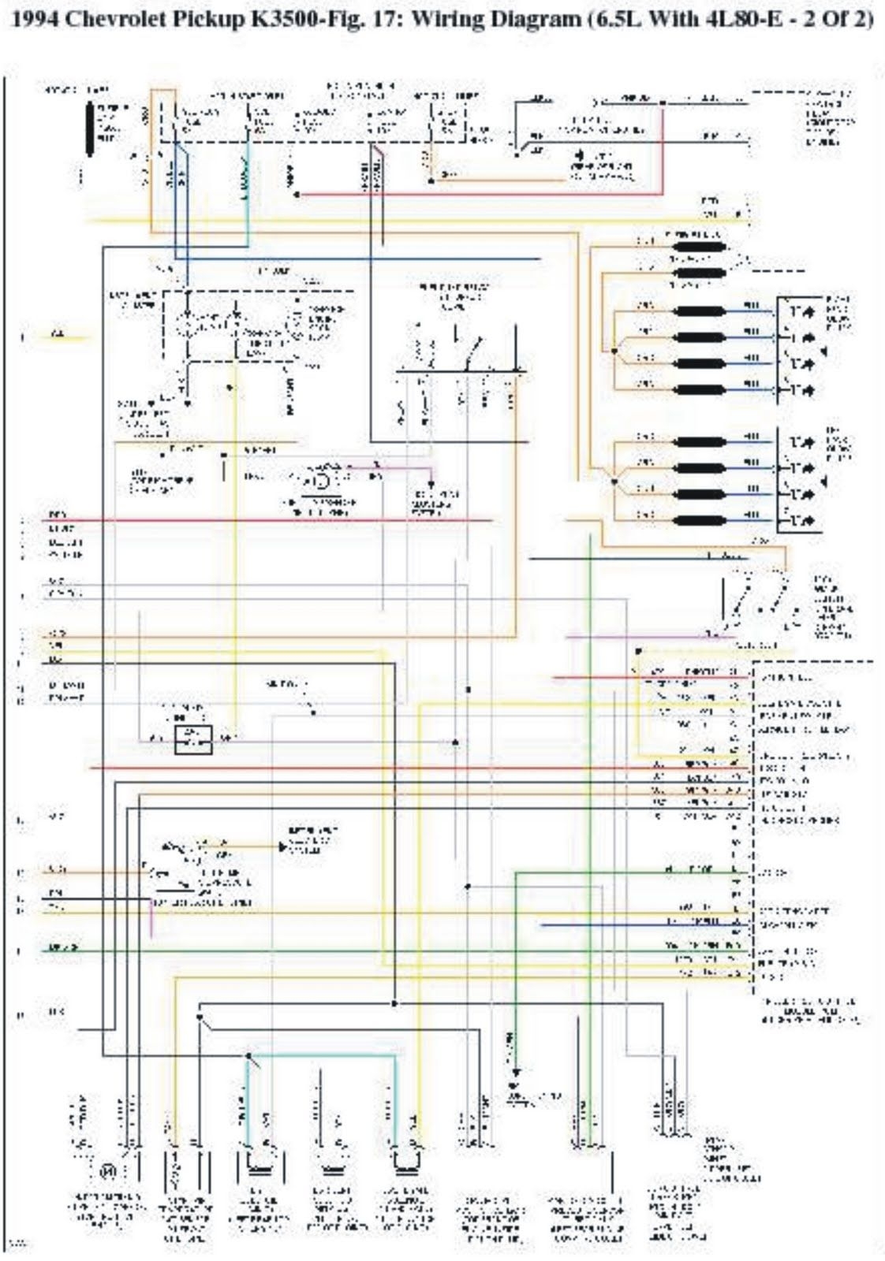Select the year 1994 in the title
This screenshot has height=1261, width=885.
(x=35, y=20)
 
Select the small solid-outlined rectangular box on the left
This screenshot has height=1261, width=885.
(x=193, y=739)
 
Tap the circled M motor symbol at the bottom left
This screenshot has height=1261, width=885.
(x=107, y=1172)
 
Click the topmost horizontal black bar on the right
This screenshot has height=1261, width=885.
(x=697, y=247)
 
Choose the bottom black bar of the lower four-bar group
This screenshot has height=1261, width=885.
(x=697, y=519)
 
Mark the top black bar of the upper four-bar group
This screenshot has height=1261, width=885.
(x=697, y=311)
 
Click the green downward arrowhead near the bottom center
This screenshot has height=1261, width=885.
(x=517, y=1073)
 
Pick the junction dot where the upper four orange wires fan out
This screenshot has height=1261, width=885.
(x=613, y=348)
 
